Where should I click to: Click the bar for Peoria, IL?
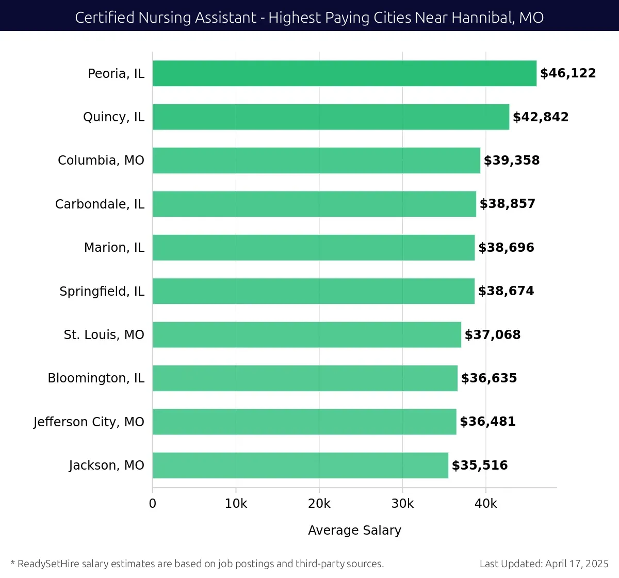tap(345, 73)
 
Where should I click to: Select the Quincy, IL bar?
tap(331, 117)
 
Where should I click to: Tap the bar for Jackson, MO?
tap(300, 465)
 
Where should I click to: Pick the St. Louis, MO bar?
tap(307, 334)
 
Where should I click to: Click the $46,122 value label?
tap(568, 73)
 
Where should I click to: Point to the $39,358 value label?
tap(512, 160)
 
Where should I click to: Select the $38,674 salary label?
tap(506, 291)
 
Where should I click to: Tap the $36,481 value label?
tap(487, 422)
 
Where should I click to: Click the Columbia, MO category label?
tap(101, 160)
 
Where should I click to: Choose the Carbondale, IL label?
tap(100, 204)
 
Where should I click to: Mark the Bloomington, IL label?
tap(96, 378)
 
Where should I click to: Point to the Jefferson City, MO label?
tap(89, 422)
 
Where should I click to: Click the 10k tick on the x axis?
tap(236, 504)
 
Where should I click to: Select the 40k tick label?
tap(485, 504)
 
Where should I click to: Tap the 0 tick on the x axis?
tap(153, 504)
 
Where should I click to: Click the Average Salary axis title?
tap(354, 530)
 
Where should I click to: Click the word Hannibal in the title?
tap(482, 18)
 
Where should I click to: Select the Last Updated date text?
tap(544, 564)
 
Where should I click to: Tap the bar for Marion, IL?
tap(314, 247)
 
